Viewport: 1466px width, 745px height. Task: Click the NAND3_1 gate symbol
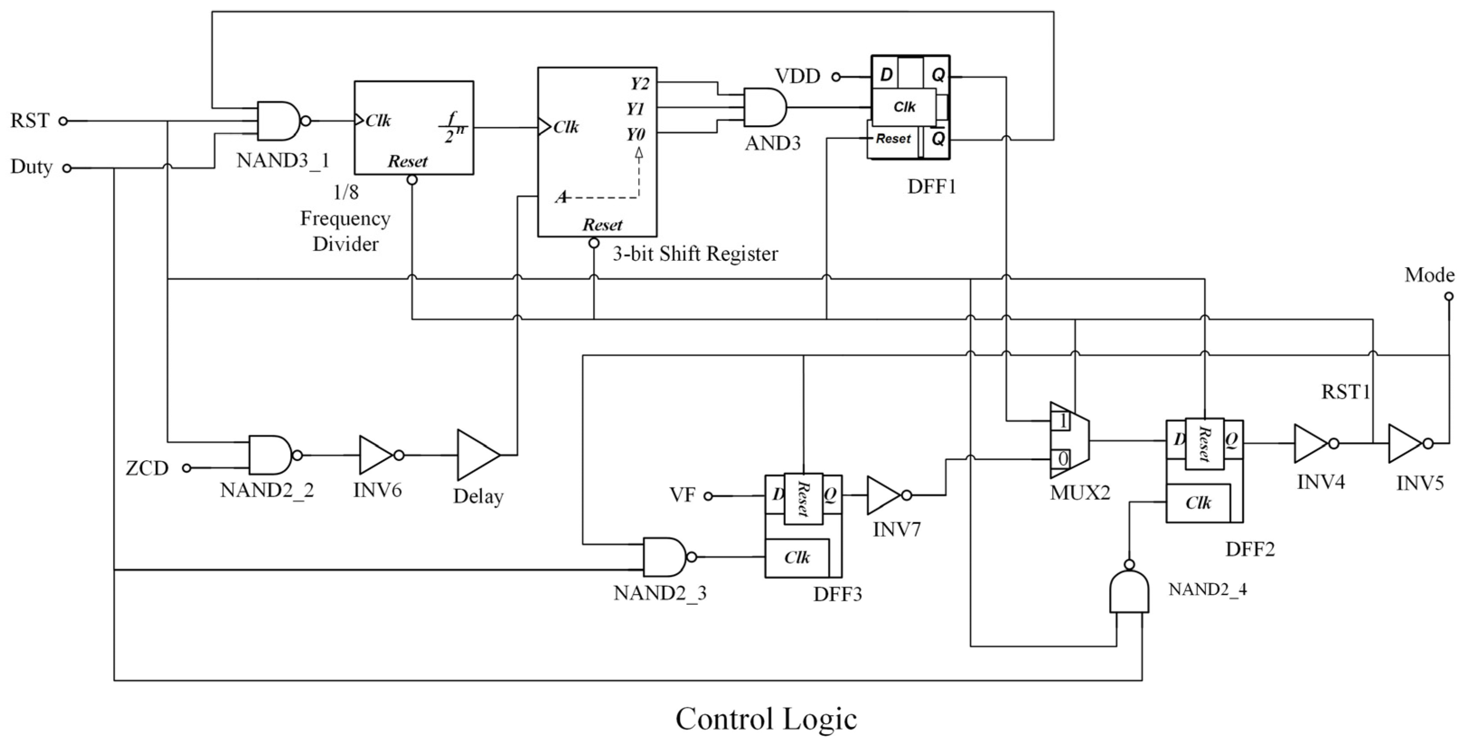(x=279, y=121)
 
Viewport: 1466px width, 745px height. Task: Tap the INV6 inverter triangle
(x=376, y=455)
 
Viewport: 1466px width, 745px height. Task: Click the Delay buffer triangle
(x=477, y=455)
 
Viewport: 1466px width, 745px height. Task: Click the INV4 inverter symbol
(x=1311, y=443)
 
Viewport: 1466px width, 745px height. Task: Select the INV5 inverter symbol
(x=1405, y=443)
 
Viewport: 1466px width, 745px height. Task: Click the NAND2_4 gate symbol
(x=1129, y=593)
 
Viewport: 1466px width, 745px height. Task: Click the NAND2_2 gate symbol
(x=270, y=455)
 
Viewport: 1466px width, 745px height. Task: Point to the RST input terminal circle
(x=64, y=121)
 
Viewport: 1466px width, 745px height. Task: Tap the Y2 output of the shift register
(x=639, y=84)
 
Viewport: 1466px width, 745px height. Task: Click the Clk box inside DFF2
(x=1198, y=503)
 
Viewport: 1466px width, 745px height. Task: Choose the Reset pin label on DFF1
(x=893, y=138)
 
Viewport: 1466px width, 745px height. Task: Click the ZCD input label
(x=147, y=468)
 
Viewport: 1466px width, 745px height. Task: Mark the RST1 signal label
(x=1345, y=391)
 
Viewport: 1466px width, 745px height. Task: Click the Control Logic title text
(x=766, y=719)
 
